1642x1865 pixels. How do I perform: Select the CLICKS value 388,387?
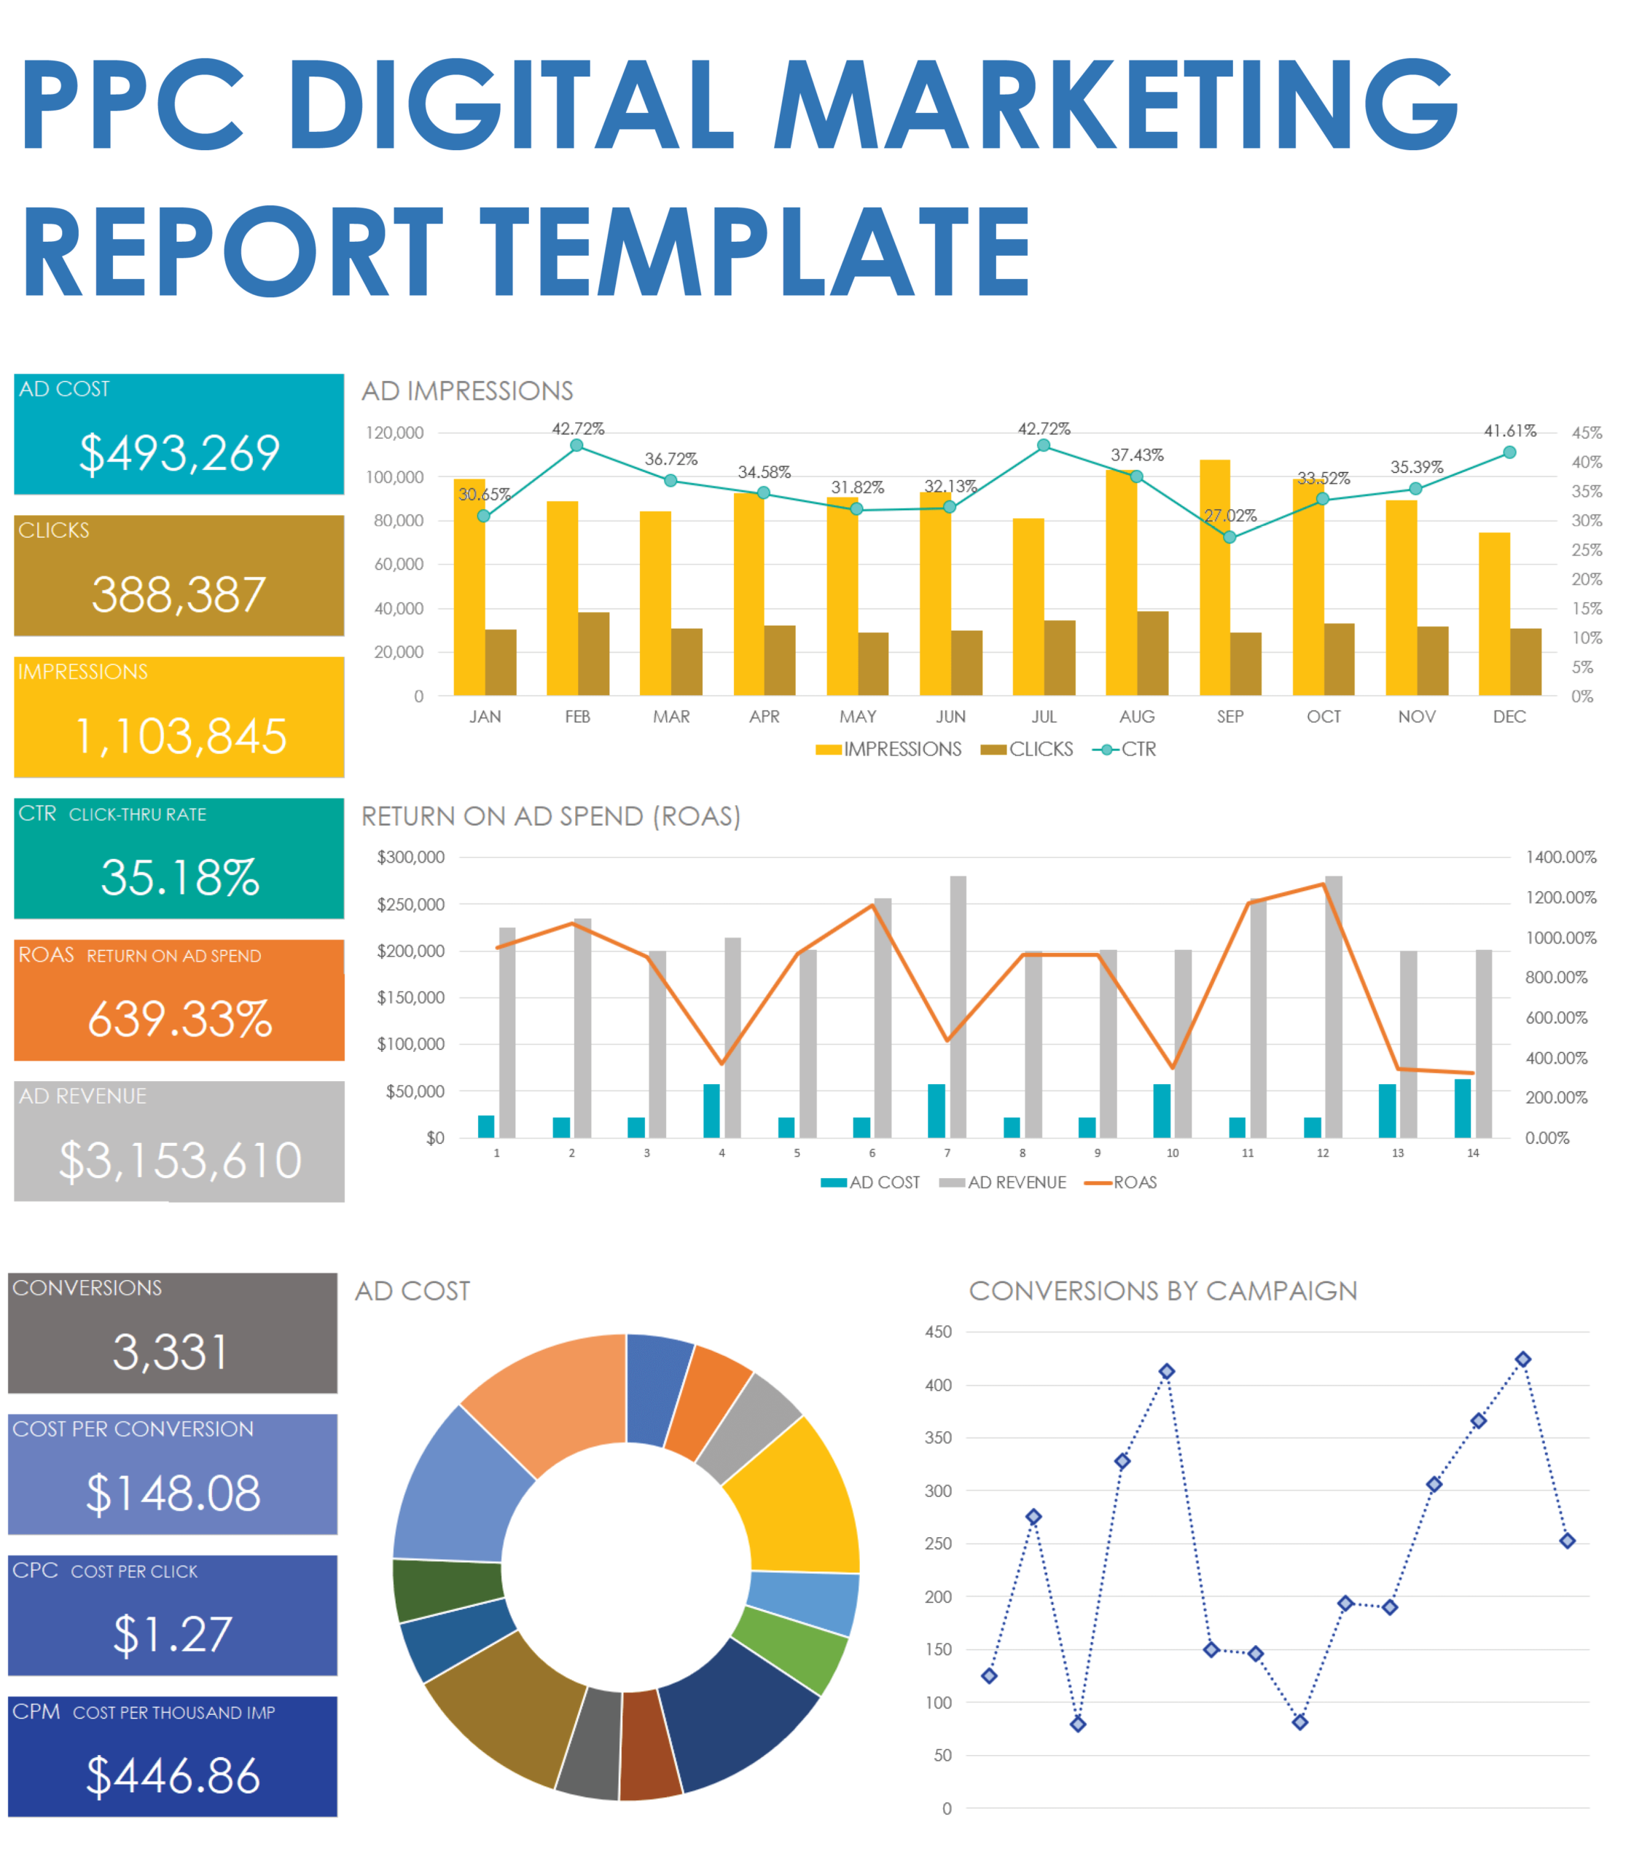(x=179, y=595)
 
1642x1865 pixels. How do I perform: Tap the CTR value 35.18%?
(x=180, y=877)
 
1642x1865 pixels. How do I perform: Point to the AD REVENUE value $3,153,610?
(x=180, y=1160)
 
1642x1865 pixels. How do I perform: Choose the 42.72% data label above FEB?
(x=578, y=429)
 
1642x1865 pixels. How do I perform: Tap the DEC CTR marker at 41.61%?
(x=1509, y=452)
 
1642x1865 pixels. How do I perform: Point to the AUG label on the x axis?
(x=1136, y=716)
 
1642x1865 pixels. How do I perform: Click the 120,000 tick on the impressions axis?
(x=394, y=433)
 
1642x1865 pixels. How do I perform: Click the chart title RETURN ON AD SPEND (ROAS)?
(x=550, y=816)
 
